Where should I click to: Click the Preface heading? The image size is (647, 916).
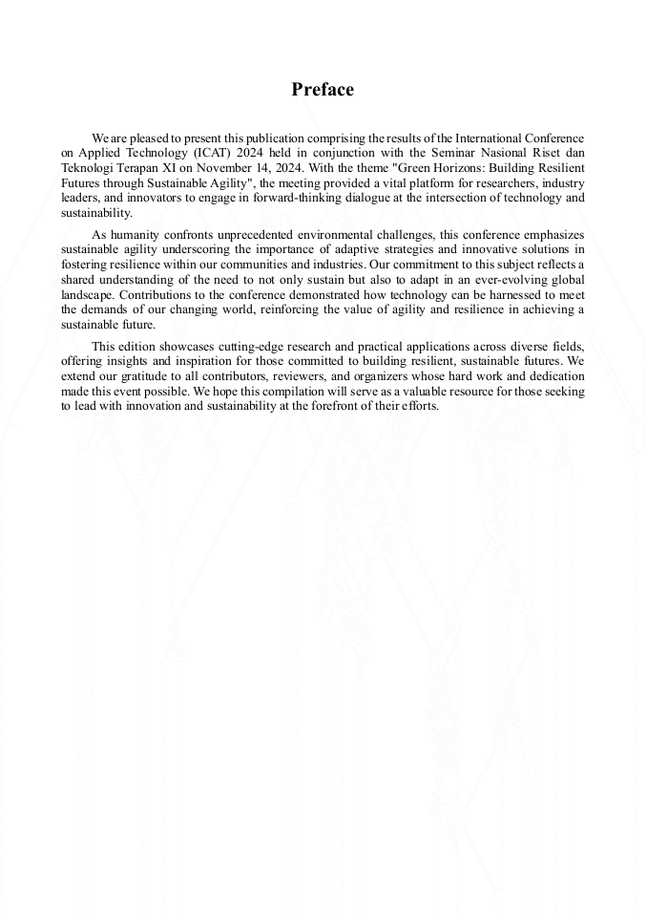(x=323, y=90)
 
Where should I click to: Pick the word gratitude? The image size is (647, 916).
(x=153, y=376)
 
